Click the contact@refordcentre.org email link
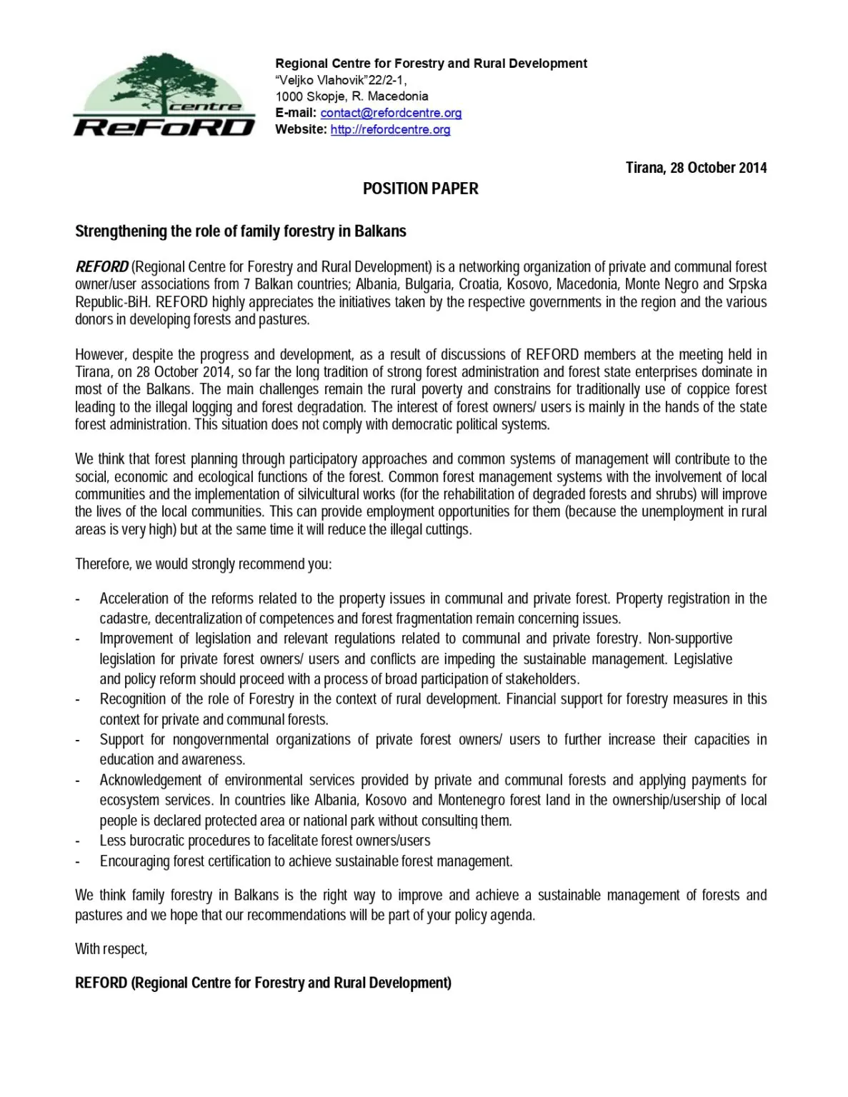[391, 113]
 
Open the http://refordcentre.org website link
[390, 129]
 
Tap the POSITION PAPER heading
[420, 189]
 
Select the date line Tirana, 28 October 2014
[696, 168]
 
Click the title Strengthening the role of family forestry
[240, 231]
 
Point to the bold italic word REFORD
[101, 267]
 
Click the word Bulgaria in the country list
[428, 284]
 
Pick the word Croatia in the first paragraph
[479, 284]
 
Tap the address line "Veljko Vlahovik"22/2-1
[341, 80]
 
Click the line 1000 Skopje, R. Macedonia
[351, 96]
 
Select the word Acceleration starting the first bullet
[134, 598]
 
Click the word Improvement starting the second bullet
[135, 638]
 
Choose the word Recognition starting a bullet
[134, 699]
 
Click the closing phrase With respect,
[111, 949]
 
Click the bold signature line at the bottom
[263, 983]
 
